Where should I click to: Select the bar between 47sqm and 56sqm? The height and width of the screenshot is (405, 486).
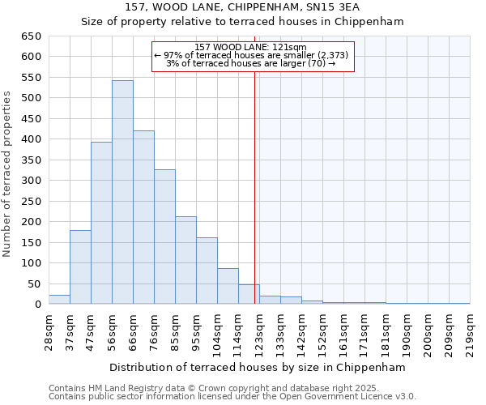click(x=101, y=224)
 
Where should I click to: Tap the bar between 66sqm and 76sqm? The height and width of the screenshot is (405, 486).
click(x=143, y=218)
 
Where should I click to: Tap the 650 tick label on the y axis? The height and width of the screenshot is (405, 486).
click(x=31, y=36)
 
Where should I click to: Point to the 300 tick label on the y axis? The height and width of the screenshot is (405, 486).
click(x=31, y=181)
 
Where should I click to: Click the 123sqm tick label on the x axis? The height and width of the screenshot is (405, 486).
click(x=259, y=331)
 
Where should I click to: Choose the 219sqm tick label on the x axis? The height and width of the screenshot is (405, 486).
click(x=470, y=331)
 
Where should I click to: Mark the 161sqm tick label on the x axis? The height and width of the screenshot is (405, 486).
click(x=343, y=331)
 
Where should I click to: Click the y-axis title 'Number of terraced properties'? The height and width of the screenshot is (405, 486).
click(x=7, y=173)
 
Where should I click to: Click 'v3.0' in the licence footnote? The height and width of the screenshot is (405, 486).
click(x=404, y=396)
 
